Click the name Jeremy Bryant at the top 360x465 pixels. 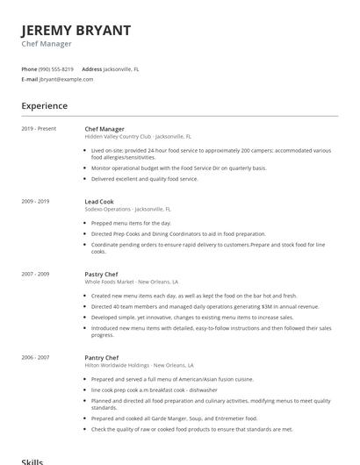coord(76,30)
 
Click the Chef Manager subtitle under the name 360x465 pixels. coord(47,44)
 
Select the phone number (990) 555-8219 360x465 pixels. coord(56,68)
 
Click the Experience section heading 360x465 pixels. coord(44,106)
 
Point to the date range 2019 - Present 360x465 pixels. coord(39,128)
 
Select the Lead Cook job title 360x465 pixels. coord(99,201)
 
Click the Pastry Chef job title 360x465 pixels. coord(101,274)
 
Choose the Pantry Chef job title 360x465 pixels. coord(102,356)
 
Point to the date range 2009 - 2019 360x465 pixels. coord(35,201)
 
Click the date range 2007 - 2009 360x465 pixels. coord(35,274)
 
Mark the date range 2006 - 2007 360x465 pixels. coord(35,356)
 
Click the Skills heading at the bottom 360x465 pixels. coord(32,460)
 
